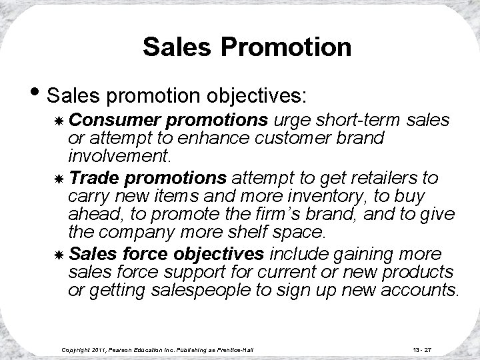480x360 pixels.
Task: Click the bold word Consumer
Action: point(103,120)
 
